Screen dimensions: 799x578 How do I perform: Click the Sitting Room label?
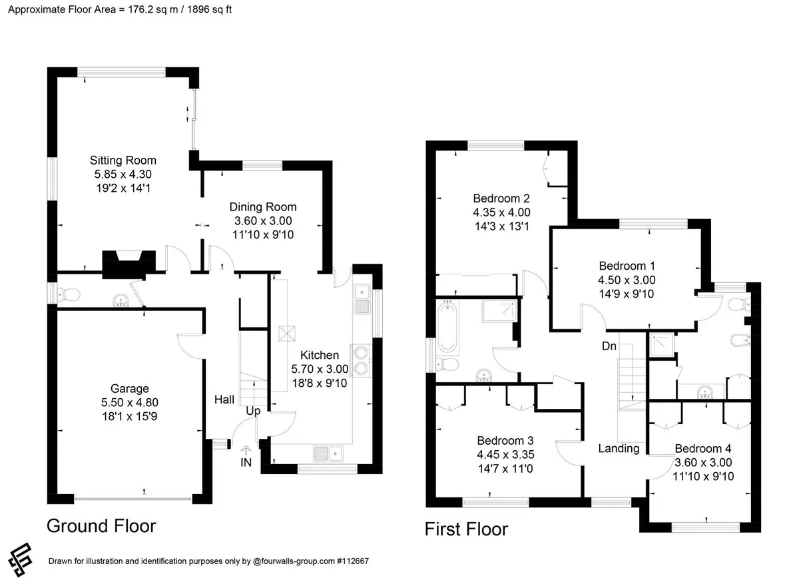tap(123, 160)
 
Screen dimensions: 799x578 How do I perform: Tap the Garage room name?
tap(129, 388)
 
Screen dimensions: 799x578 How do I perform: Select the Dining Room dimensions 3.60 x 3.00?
tap(263, 221)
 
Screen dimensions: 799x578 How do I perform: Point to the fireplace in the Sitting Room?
tap(129, 264)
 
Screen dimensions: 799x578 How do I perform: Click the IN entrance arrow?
tap(246, 449)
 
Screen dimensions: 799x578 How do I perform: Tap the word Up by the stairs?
tap(253, 411)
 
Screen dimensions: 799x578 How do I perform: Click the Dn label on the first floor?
tap(609, 346)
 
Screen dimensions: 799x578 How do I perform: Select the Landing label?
tap(619, 448)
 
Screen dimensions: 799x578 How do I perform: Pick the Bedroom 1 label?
tap(627, 266)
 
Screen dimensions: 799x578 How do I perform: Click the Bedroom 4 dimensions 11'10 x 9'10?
tap(703, 476)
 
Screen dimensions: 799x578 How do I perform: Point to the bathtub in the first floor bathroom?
tap(447, 326)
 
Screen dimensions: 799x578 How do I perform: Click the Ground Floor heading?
tap(101, 526)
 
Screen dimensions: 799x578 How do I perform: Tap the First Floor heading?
tap(466, 529)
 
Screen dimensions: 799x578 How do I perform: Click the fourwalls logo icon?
tap(21, 559)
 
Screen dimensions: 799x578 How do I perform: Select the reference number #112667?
tap(352, 561)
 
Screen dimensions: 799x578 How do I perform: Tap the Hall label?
tap(224, 400)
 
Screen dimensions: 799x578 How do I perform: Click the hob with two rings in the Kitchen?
tap(361, 360)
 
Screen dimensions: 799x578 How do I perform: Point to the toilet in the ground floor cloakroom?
tap(69, 295)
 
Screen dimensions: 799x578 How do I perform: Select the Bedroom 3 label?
tap(505, 441)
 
